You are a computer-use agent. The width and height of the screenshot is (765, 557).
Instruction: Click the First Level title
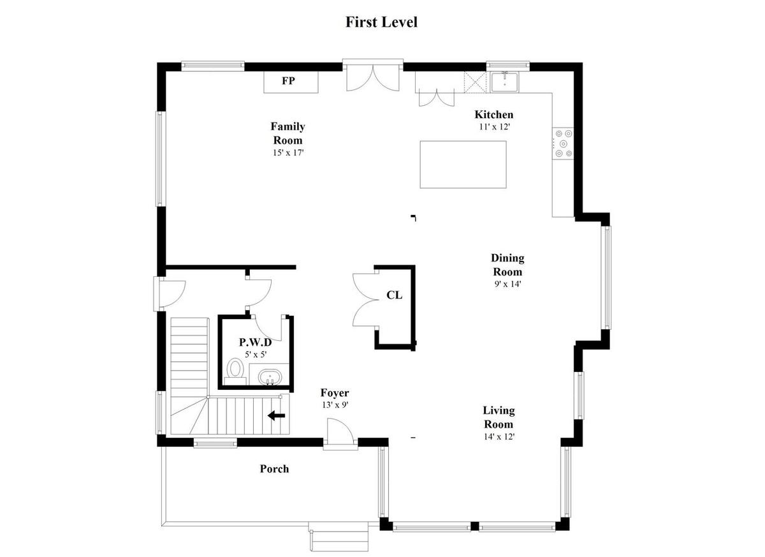(x=381, y=22)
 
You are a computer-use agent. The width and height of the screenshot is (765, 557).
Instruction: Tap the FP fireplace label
(x=289, y=80)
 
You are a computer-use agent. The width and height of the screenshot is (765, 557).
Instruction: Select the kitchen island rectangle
(x=463, y=165)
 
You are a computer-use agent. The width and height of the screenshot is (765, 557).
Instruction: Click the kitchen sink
(x=505, y=82)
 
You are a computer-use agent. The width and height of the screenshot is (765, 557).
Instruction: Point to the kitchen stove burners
(x=564, y=144)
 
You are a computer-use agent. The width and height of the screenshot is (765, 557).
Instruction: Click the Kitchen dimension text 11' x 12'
(x=494, y=127)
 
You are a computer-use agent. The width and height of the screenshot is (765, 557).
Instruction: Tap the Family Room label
(x=288, y=133)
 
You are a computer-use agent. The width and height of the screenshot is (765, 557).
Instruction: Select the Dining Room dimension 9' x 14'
(x=507, y=284)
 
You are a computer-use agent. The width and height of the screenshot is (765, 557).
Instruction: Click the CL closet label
(x=394, y=295)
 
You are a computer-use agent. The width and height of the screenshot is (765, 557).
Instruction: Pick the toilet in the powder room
(x=235, y=371)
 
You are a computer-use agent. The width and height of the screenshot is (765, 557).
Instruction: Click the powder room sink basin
(x=270, y=377)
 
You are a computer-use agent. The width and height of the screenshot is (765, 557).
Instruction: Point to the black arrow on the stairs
(x=276, y=415)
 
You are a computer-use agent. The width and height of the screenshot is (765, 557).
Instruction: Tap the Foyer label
(x=335, y=393)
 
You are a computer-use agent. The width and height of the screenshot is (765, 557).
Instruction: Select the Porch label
(x=274, y=469)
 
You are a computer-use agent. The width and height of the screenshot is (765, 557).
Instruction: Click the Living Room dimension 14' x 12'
(x=499, y=436)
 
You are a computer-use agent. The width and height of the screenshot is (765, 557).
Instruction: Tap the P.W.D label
(x=255, y=342)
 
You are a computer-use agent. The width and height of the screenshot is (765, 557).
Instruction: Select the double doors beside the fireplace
(x=373, y=78)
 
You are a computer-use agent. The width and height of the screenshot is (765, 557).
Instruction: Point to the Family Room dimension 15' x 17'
(x=288, y=152)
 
